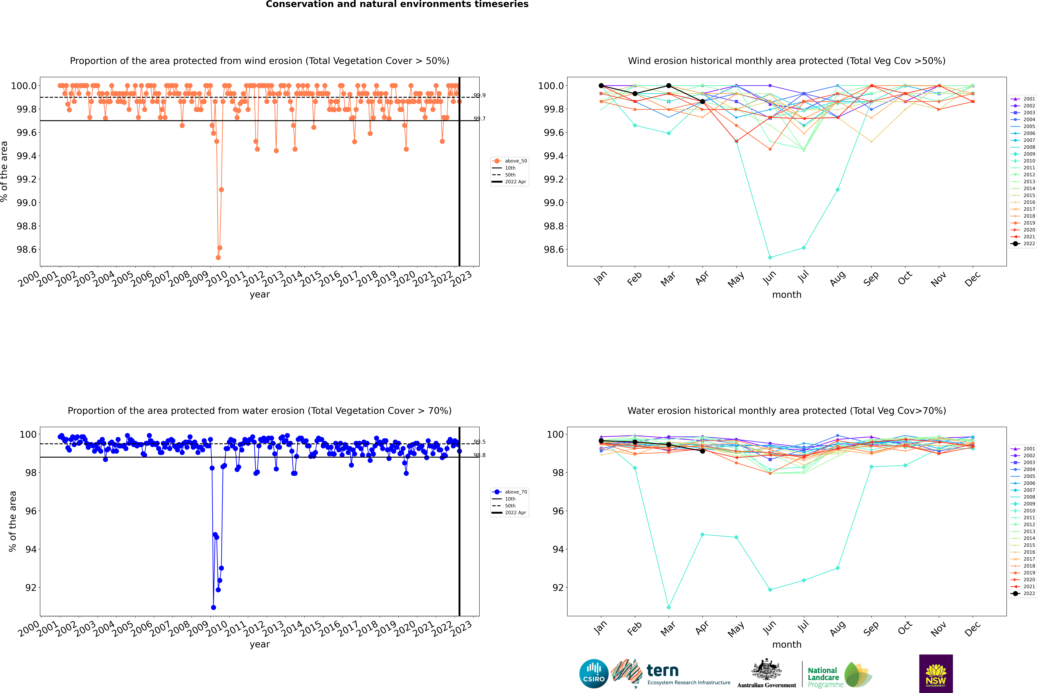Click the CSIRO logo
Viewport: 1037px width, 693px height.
coord(594,674)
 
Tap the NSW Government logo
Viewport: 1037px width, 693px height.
coord(936,674)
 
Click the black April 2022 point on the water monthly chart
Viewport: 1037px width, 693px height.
coord(702,451)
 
